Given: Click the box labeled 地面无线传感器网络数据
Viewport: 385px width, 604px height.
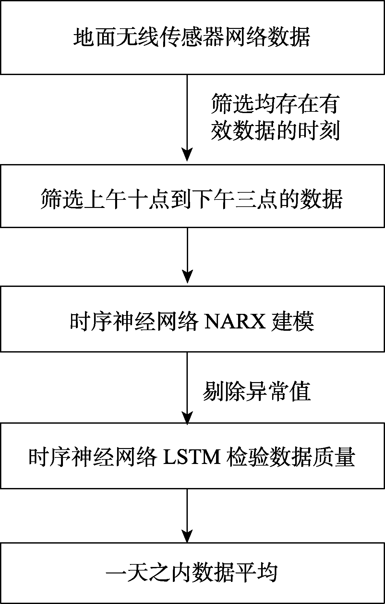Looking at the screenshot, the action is (x=192, y=37).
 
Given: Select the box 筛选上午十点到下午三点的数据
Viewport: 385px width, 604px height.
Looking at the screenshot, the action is (x=192, y=196).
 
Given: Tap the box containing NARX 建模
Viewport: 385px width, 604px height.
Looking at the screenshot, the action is (x=192, y=319).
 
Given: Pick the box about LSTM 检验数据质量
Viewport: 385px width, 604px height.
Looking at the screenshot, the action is (x=192, y=456).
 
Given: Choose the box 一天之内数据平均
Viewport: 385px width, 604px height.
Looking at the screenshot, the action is (x=192, y=572).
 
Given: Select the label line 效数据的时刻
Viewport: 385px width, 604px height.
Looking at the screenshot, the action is (x=275, y=131).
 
